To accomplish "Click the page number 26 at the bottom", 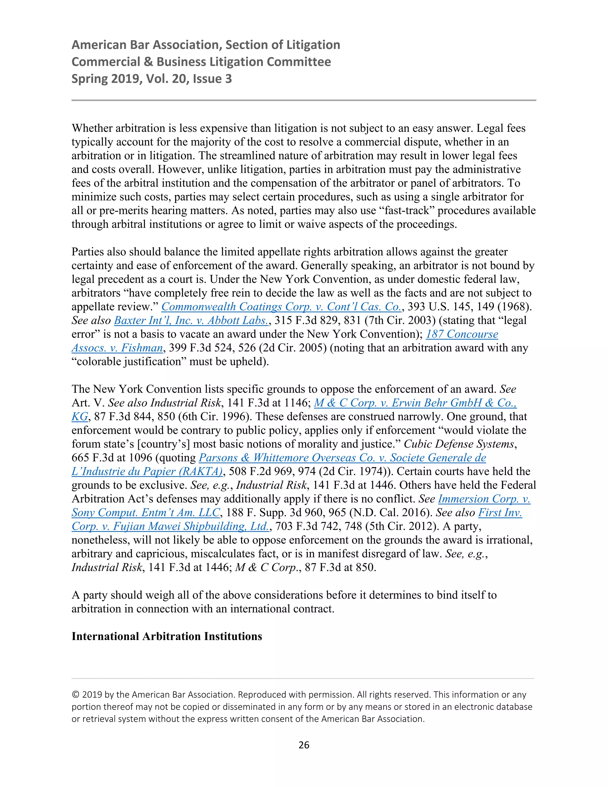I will tap(304, 745).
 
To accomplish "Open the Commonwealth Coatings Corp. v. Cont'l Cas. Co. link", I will tap(281, 307).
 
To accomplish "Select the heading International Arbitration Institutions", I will tap(167, 636).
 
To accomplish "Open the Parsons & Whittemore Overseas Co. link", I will tap(342, 458).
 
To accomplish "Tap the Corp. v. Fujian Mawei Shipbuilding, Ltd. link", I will tap(170, 526).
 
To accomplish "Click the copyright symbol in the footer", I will tap(75, 694).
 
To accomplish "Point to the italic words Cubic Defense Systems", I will tap(458, 444).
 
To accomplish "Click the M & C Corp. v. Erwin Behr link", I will tap(415, 403).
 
